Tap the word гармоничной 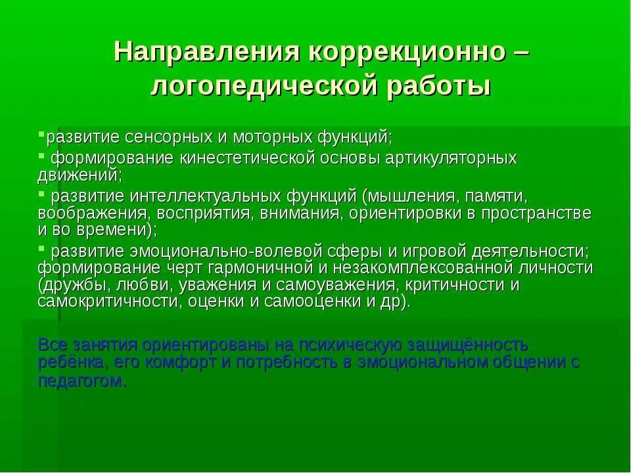pyautogui.click(x=266, y=268)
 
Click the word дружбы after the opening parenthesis pyautogui.click(x=74, y=284)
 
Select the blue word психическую pyautogui.click(x=346, y=344)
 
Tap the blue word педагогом pyautogui.click(x=82, y=381)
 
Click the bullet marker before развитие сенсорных pyautogui.click(x=41, y=134)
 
